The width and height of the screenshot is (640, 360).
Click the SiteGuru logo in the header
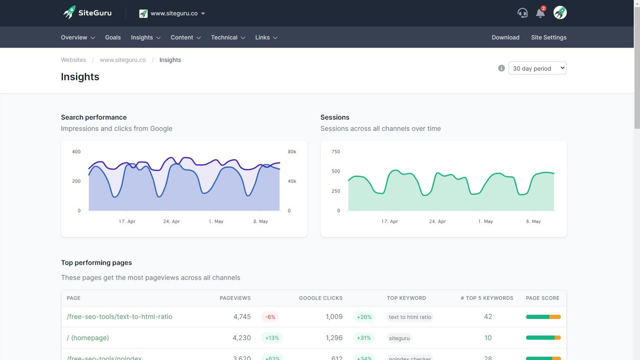click(x=87, y=13)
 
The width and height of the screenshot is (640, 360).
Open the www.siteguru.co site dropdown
click(x=172, y=13)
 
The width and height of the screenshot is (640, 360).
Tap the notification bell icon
click(x=540, y=13)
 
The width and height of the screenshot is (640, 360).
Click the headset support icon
click(x=522, y=13)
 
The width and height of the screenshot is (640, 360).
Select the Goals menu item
click(x=113, y=37)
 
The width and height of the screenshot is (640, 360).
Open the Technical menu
click(x=228, y=37)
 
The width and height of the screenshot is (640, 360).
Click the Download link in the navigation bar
click(x=505, y=37)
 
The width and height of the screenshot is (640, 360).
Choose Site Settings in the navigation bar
click(x=548, y=37)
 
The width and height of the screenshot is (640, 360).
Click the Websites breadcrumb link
click(x=73, y=60)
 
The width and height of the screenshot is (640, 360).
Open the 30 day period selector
click(x=537, y=68)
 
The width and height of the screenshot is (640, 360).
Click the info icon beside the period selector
click(x=501, y=68)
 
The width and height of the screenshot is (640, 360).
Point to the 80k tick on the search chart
click(x=291, y=152)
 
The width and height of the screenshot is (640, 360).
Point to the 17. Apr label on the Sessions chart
click(x=389, y=221)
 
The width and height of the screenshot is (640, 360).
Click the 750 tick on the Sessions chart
click(x=335, y=152)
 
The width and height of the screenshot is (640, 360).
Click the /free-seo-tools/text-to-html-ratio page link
click(x=119, y=316)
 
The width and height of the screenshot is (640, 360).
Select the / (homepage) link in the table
click(x=88, y=338)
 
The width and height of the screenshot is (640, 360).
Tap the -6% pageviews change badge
click(x=270, y=317)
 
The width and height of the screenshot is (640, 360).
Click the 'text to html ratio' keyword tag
click(x=410, y=317)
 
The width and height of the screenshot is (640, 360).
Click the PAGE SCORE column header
click(x=542, y=298)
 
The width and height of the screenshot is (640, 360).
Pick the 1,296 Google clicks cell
click(x=334, y=338)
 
